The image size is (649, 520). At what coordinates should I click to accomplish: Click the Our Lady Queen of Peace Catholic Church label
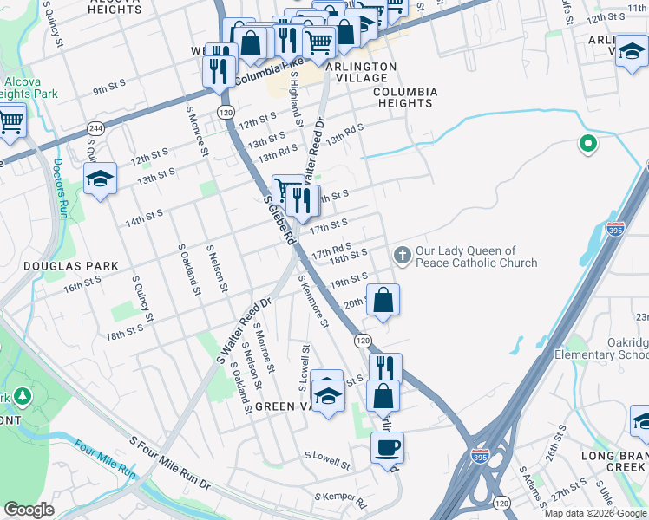click(476, 257)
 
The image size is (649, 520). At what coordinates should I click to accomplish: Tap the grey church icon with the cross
click(401, 255)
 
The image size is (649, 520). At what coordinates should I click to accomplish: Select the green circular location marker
click(588, 144)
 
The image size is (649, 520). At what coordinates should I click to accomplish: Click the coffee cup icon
click(387, 447)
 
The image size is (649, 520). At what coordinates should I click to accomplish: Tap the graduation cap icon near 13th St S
click(101, 179)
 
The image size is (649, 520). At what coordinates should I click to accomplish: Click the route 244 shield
click(93, 127)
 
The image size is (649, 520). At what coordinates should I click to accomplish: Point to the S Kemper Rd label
click(340, 501)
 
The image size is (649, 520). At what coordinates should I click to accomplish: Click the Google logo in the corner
click(29, 510)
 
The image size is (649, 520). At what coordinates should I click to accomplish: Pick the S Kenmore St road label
click(312, 302)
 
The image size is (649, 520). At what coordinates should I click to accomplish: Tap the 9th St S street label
click(110, 87)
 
